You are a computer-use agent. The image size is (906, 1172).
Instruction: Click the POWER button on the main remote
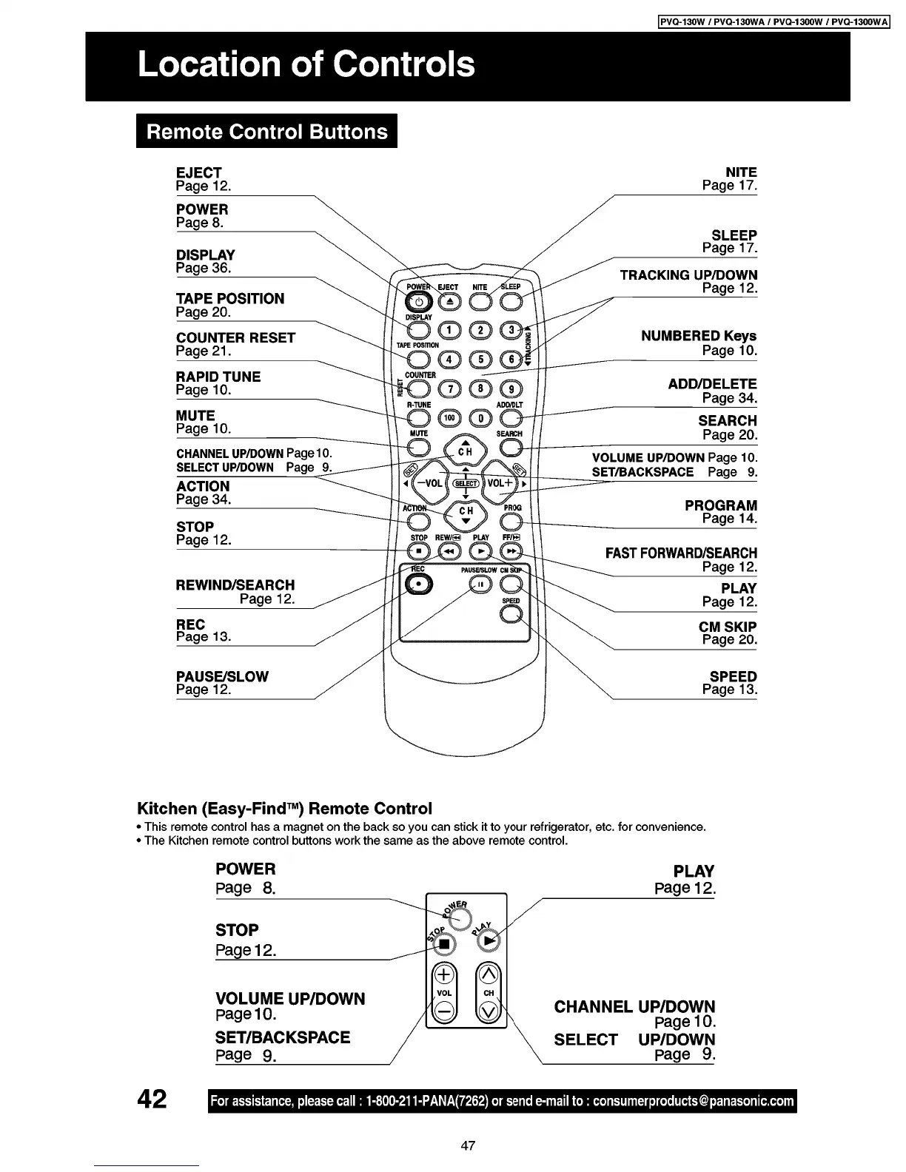418,302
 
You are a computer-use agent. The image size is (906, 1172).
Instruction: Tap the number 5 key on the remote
481,360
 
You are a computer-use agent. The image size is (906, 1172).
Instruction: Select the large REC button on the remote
419,584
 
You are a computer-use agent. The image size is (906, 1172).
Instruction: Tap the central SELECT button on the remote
465,483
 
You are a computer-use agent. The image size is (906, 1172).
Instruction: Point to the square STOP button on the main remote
418,551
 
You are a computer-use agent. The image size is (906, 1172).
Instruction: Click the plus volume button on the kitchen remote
444,974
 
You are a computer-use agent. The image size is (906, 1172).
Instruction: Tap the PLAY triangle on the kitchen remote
489,940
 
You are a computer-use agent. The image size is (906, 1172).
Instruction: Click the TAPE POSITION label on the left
230,299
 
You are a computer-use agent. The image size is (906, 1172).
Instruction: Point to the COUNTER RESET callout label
235,338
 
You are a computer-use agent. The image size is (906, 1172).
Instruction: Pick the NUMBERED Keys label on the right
699,336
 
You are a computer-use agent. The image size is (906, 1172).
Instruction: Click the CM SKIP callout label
728,627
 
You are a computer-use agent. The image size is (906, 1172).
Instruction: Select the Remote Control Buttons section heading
267,132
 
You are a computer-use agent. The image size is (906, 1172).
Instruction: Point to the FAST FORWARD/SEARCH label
681,553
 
